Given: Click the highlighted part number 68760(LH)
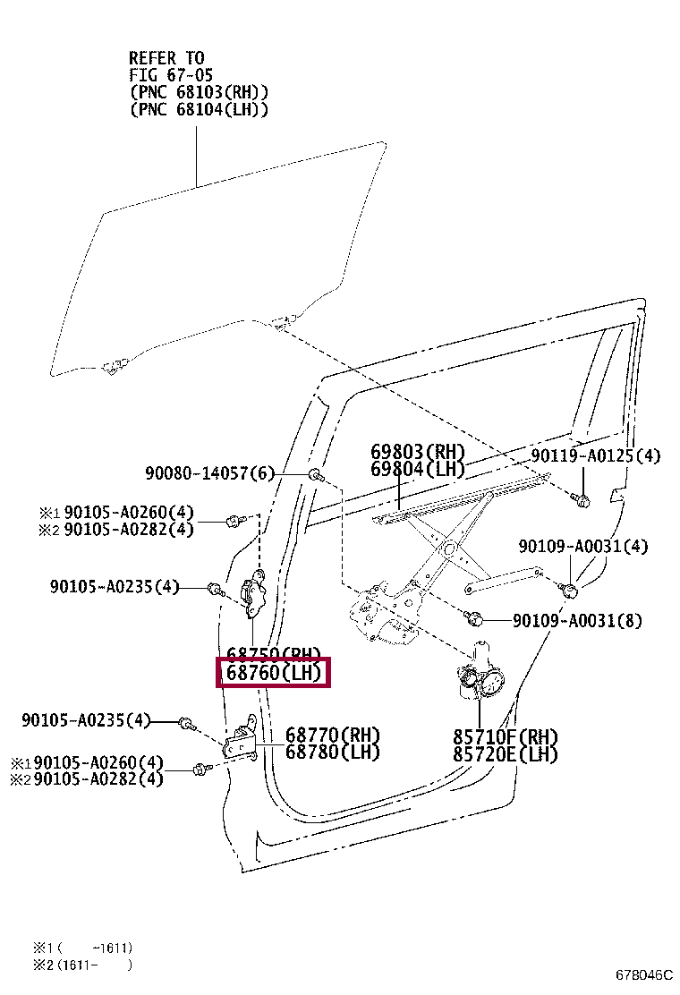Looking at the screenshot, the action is tap(274, 673).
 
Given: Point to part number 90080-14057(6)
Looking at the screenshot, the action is tap(209, 472).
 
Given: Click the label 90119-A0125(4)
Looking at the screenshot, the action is tap(595, 456).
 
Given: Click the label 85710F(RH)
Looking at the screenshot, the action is tap(506, 737).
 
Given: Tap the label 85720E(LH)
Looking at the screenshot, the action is tap(506, 755).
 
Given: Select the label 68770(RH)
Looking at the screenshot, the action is tap(333, 735).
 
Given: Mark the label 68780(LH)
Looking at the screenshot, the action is tap(333, 753).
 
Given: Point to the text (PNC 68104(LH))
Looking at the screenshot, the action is tap(199, 109).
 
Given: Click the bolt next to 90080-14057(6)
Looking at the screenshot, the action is tap(315, 474).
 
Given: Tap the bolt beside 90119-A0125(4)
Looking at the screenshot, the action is tap(582, 500).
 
